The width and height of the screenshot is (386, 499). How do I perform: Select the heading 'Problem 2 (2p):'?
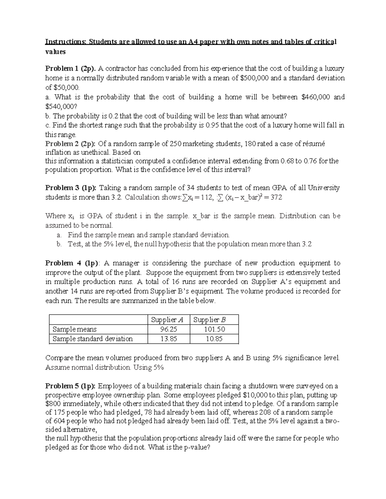click(70, 144)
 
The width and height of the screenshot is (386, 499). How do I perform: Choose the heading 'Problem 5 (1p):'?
click(70, 386)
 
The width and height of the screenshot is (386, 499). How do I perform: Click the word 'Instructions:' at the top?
click(66, 42)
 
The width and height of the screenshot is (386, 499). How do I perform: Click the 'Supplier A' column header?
click(167, 320)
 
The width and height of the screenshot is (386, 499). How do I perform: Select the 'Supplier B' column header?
click(209, 320)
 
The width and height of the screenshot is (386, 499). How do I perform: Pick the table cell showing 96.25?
click(169, 329)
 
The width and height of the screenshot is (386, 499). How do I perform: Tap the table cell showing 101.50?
click(215, 329)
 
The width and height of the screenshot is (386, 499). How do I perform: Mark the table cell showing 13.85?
click(169, 339)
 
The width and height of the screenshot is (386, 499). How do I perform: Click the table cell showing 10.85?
click(214, 339)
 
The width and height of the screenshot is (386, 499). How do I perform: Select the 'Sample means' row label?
click(74, 329)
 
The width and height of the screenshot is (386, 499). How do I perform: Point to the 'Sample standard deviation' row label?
click(93, 339)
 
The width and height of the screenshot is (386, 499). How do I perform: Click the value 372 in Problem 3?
click(276, 197)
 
